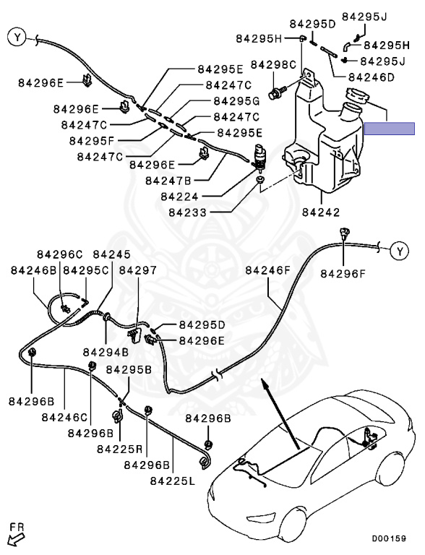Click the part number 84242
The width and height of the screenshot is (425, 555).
[x=321, y=212]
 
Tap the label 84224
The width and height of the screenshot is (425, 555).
[x=179, y=197]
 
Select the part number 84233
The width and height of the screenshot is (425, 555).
[x=187, y=212]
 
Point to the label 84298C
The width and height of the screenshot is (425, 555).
[x=273, y=65]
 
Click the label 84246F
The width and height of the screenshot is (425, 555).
[x=267, y=271]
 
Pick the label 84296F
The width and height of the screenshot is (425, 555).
[x=343, y=274]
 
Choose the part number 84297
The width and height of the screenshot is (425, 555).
[x=138, y=270]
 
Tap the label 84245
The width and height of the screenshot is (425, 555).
[x=111, y=254]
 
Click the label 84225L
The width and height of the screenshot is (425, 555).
[x=173, y=481]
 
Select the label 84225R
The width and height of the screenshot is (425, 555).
[x=119, y=449]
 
